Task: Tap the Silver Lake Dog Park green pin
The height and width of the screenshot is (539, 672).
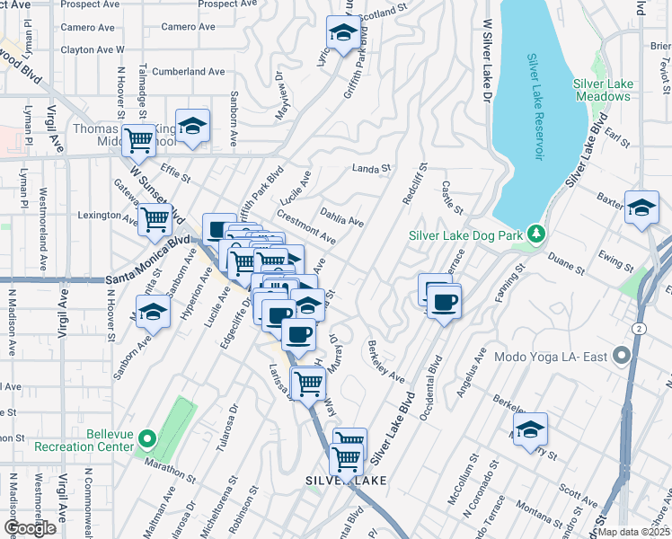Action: click(536, 234)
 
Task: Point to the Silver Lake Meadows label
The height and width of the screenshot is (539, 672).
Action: click(603, 90)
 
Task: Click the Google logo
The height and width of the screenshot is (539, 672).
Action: click(30, 528)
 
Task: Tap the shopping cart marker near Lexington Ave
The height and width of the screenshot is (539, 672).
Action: click(155, 217)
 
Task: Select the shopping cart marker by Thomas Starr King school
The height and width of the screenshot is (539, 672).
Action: click(138, 139)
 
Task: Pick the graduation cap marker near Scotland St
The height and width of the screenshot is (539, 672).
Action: click(341, 33)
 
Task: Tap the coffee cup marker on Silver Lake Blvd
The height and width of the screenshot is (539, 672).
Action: click(443, 301)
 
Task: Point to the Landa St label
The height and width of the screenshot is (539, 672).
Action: click(372, 168)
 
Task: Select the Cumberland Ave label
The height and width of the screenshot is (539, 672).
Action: click(189, 71)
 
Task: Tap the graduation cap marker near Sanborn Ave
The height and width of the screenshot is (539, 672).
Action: click(153, 314)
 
